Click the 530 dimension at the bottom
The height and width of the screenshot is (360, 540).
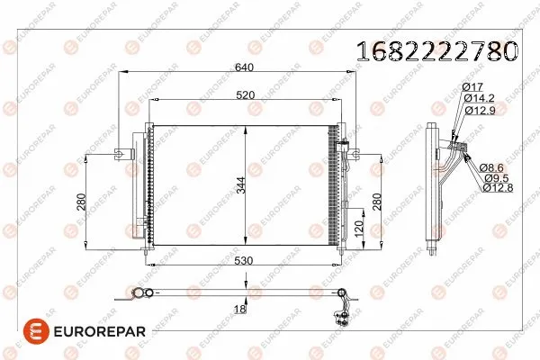point(243,262)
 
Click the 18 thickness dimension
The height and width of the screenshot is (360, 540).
point(240,310)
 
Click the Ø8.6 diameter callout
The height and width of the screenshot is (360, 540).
point(493,166)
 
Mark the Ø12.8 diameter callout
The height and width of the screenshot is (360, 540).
point(497,187)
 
